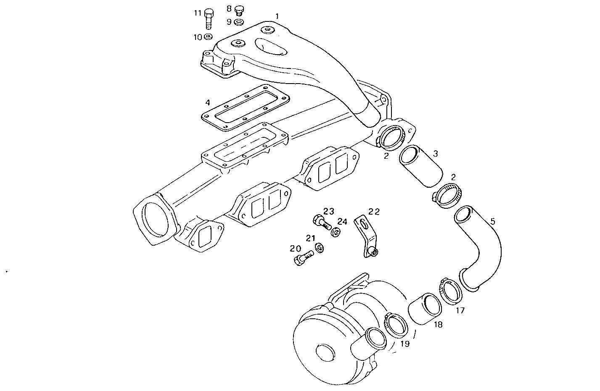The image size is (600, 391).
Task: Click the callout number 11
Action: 198,13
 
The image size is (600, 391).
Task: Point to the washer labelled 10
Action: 208,37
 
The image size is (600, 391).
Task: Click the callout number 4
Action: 207,102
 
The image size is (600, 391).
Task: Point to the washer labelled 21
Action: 320,248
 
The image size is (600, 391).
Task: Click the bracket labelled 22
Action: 364,236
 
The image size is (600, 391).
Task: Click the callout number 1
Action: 277,16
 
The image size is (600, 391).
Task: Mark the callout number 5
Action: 493,220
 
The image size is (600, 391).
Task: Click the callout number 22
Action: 374,212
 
